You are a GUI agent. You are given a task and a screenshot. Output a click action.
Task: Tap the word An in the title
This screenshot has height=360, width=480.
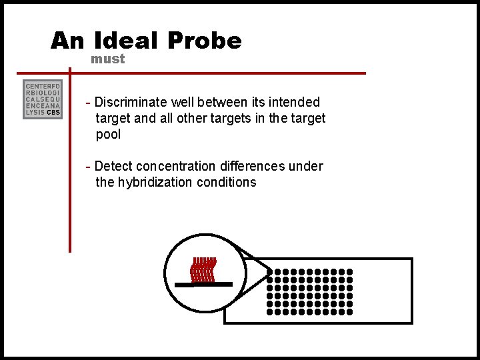pyautogui.click(x=67, y=41)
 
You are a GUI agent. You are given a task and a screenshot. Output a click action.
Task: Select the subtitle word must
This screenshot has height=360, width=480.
pyautogui.click(x=107, y=59)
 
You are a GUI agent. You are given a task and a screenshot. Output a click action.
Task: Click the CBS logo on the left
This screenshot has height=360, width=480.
pyautogui.click(x=43, y=100)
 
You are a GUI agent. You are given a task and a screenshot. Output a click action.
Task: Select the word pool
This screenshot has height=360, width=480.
pyautogui.click(x=109, y=134)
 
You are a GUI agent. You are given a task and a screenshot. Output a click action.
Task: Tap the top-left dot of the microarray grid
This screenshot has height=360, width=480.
pyautogui.click(x=270, y=272)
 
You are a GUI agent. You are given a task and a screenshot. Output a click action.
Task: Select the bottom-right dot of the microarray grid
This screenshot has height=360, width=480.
pyautogui.click(x=350, y=311)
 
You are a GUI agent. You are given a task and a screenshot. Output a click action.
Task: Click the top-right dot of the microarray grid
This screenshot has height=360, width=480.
pyautogui.click(x=350, y=272)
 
